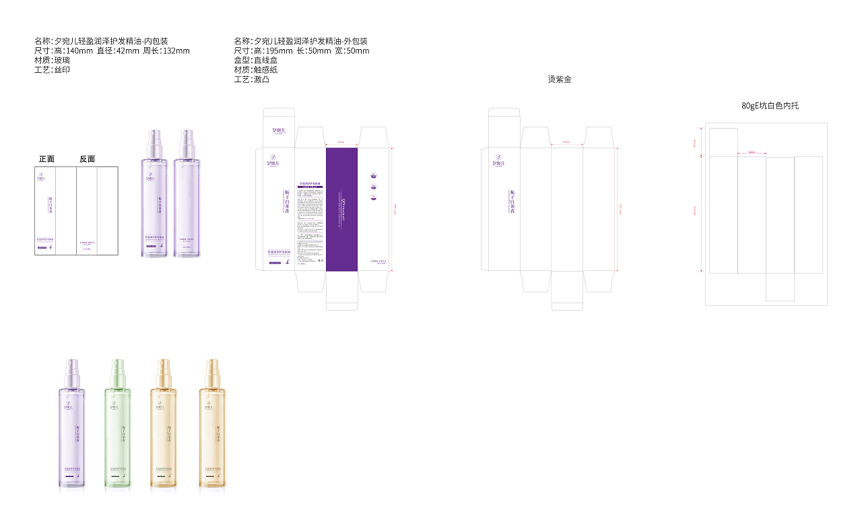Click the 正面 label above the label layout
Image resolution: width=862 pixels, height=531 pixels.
click(x=46, y=159)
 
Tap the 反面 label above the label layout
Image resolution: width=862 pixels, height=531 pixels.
click(x=87, y=159)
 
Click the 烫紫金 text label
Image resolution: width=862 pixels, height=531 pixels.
click(x=560, y=80)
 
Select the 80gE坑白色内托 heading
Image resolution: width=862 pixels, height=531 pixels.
click(x=770, y=106)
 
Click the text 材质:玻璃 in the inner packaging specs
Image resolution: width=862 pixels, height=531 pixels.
click(x=52, y=60)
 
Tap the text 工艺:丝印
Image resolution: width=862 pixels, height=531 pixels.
click(x=52, y=69)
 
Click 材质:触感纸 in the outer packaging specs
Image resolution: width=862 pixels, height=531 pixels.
click(x=255, y=69)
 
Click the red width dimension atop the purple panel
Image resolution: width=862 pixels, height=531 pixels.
click(x=341, y=143)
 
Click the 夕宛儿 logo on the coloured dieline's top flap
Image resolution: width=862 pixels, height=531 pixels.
click(x=279, y=131)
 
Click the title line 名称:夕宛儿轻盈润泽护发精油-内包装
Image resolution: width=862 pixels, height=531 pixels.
click(x=101, y=41)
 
